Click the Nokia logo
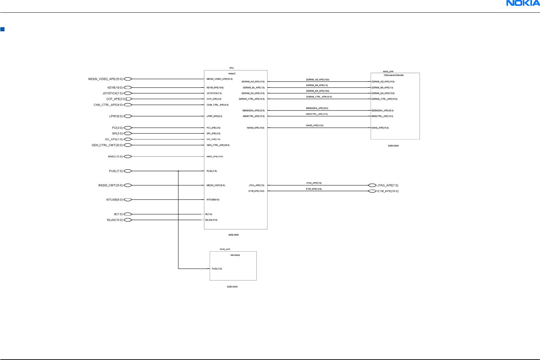(x=522, y=3)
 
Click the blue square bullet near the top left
(x=2, y=29)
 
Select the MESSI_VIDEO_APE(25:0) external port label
(x=105, y=79)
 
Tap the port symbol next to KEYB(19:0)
(x=128, y=88)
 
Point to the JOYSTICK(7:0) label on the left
(x=113, y=93)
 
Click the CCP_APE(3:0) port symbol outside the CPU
(x=129, y=99)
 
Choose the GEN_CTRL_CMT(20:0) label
(x=107, y=145)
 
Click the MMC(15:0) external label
(x=115, y=157)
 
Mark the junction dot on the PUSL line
(x=178, y=171)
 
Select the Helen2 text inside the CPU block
(x=232, y=74)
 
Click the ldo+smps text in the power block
(x=235, y=255)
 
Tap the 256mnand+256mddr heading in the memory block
(x=394, y=75)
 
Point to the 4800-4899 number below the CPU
(x=233, y=235)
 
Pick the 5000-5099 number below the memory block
(x=393, y=146)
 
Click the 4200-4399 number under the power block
(x=232, y=287)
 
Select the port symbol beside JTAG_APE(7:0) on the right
(x=372, y=186)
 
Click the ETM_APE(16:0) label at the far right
(x=388, y=191)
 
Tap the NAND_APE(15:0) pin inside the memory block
(x=380, y=128)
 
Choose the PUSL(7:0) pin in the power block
(x=217, y=269)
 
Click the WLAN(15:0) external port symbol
(x=128, y=220)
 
